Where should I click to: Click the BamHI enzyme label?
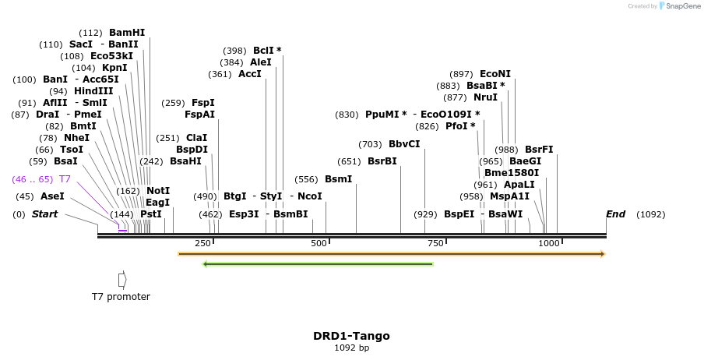[127, 33]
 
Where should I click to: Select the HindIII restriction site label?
[93, 91]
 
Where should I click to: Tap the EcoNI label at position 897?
[495, 74]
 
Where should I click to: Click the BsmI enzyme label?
[339, 179]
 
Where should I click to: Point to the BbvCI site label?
[404, 144]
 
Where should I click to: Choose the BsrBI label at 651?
[382, 162]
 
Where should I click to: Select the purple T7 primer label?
[65, 179]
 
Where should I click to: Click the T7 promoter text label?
[121, 297]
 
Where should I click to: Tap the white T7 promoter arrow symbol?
[122, 279]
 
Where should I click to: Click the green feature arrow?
[318, 264]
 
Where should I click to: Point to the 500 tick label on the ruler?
[319, 244]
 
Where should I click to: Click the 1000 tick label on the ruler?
[549, 244]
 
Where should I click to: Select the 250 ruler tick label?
[202, 244]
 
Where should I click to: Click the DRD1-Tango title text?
[351, 336]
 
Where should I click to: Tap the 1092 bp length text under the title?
[351, 348]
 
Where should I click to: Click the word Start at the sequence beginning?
[44, 214]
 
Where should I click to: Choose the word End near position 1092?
[616, 214]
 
